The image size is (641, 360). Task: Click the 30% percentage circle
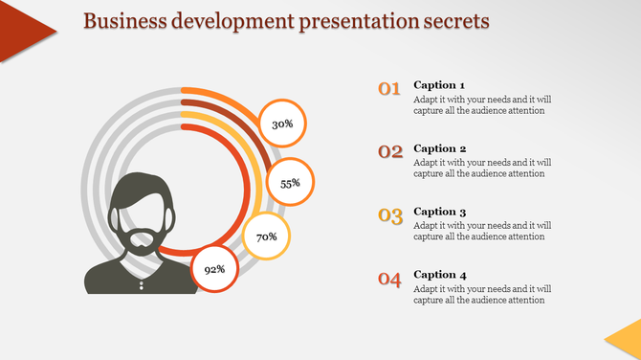point(282,124)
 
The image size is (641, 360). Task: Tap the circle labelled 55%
point(290,182)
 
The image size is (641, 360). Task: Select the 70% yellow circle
point(266,236)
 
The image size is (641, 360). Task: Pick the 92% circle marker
point(214,269)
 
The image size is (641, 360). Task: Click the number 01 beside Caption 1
point(389,90)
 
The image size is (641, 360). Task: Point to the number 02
point(389,152)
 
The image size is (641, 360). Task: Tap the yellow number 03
point(389,215)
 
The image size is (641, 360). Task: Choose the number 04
point(389,280)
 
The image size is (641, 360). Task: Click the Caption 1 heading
point(440,85)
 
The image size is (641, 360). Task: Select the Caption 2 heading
point(440,148)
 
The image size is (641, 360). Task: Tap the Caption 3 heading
point(440,212)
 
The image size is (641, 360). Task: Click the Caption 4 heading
point(440,275)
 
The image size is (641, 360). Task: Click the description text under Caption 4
point(482,294)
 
